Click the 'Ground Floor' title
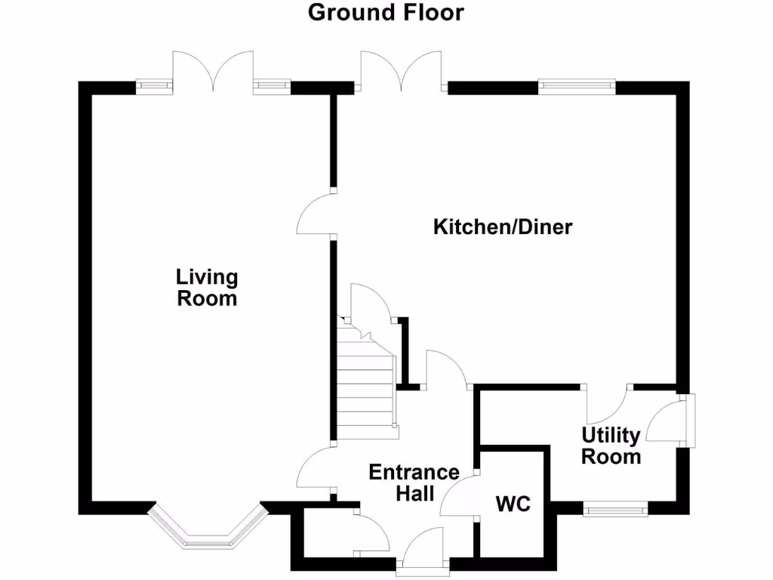coord(386,13)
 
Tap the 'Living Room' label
coord(207,288)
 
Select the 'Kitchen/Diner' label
coord(502,227)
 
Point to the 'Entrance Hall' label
coord(414,483)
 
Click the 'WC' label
coord(513,504)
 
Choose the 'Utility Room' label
coord(611,446)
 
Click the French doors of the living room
coord(213,72)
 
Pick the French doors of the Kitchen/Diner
coord(401,72)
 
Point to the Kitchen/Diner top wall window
coord(577,87)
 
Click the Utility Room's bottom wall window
coord(615,511)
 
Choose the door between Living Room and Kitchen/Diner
coord(316,214)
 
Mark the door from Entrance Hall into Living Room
coord(316,467)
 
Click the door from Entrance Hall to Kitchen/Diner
coord(447,369)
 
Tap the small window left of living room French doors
coord(154,87)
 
